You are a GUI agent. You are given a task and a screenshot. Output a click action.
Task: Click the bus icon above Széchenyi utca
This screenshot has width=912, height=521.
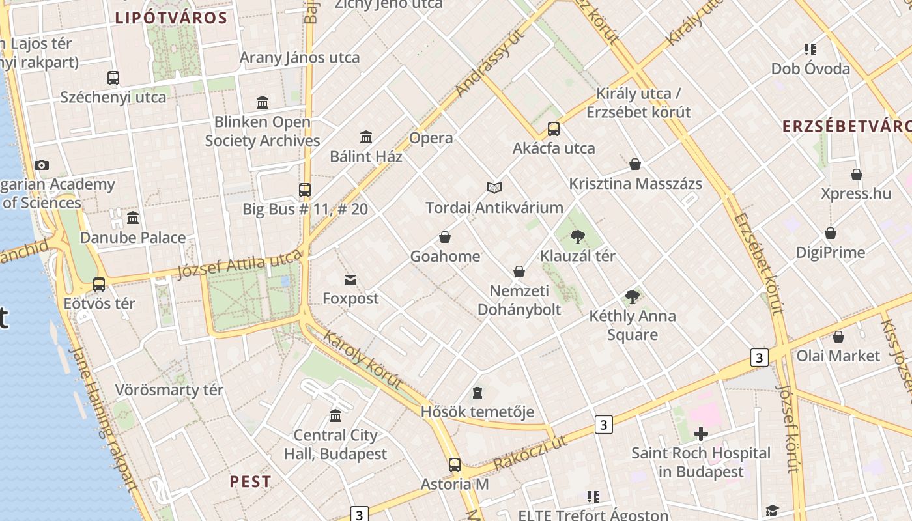pos(113,78)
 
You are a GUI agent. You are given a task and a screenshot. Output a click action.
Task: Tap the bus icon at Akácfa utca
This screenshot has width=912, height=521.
pos(554,129)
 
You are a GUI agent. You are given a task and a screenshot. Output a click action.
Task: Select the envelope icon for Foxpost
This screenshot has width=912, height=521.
pos(350,280)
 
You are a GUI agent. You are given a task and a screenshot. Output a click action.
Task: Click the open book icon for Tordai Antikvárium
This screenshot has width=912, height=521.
pos(494,188)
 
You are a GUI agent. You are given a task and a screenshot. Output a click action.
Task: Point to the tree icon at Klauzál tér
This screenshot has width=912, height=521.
pos(577,237)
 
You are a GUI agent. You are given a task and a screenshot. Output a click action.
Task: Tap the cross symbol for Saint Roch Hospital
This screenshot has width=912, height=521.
pos(701,434)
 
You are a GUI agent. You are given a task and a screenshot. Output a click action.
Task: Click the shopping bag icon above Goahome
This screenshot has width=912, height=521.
pos(445,237)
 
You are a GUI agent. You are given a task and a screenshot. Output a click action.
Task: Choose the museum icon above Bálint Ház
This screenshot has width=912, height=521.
pos(366,137)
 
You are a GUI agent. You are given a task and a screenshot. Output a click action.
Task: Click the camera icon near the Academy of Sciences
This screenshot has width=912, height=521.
pos(42,165)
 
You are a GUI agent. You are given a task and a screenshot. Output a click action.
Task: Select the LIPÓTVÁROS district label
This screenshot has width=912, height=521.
pos(171,18)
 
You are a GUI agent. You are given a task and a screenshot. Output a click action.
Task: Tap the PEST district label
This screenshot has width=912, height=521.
pos(251,482)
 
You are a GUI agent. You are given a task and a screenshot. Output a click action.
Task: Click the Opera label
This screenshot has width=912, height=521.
pos(431,138)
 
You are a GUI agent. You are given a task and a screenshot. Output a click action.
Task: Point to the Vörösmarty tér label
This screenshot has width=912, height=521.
pos(169,390)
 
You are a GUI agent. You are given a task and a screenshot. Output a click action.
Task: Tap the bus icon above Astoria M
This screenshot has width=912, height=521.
pos(455,465)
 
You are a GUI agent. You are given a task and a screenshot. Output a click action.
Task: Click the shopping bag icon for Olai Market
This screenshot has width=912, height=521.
pos(838,337)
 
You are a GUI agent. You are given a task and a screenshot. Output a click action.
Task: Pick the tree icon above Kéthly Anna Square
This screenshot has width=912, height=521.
pos(632,297)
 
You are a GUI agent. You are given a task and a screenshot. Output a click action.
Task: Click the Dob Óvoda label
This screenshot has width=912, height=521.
pos(810,69)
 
